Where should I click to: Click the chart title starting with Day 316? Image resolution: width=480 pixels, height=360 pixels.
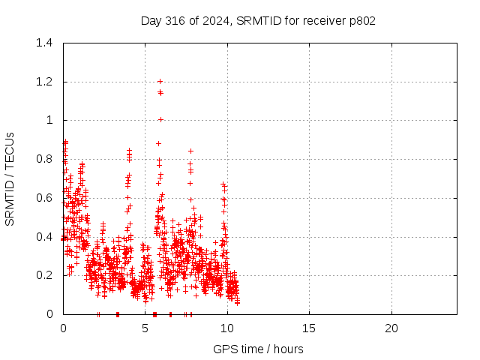(258, 21)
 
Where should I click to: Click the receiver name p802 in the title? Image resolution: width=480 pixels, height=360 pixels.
(362, 22)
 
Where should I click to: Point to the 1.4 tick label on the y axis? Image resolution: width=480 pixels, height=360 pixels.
(44, 43)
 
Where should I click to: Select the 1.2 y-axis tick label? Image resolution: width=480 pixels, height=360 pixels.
(44, 82)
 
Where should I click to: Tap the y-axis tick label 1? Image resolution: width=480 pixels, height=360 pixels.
(49, 120)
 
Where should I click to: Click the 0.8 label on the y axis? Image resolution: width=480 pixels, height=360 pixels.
(44, 159)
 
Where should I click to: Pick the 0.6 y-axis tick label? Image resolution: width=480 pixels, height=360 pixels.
(44, 198)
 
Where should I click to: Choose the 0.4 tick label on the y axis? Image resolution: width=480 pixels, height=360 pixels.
(44, 237)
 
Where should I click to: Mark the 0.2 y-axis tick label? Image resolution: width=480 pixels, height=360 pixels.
(44, 275)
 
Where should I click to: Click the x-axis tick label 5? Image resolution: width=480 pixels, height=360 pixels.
(145, 328)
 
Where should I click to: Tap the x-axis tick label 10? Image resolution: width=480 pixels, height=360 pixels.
(227, 328)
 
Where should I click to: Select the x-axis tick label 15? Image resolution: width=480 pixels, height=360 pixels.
(309, 328)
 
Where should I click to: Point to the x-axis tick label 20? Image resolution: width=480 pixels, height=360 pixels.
(391, 328)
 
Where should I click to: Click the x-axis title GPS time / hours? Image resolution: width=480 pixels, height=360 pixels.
(258, 349)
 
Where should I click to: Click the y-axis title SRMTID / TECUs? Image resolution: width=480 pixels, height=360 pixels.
(10, 179)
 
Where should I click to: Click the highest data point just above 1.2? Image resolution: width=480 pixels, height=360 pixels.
(160, 82)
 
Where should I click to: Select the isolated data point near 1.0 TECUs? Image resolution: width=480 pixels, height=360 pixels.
(160, 120)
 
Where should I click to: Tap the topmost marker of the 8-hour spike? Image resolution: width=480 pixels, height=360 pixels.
(190, 151)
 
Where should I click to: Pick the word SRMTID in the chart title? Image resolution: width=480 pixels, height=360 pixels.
(259, 21)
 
